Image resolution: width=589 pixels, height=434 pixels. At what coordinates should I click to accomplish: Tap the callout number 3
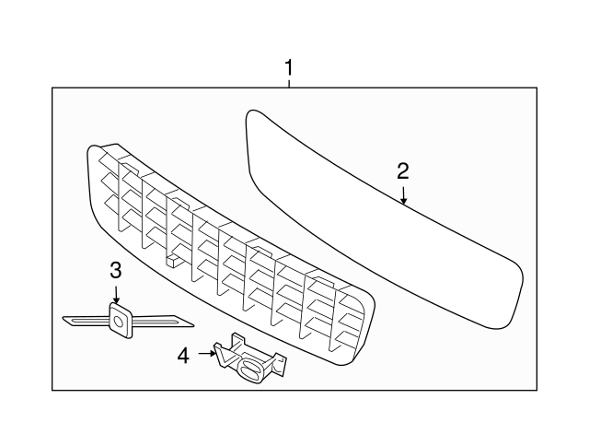[x=116, y=270]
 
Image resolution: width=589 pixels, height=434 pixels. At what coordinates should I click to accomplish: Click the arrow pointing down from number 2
[x=403, y=194]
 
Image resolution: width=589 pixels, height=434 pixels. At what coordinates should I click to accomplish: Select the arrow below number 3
[x=116, y=294]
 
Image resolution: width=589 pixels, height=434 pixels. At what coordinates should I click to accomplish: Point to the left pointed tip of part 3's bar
[x=64, y=320]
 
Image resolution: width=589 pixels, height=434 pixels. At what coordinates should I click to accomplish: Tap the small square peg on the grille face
[x=172, y=262]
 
